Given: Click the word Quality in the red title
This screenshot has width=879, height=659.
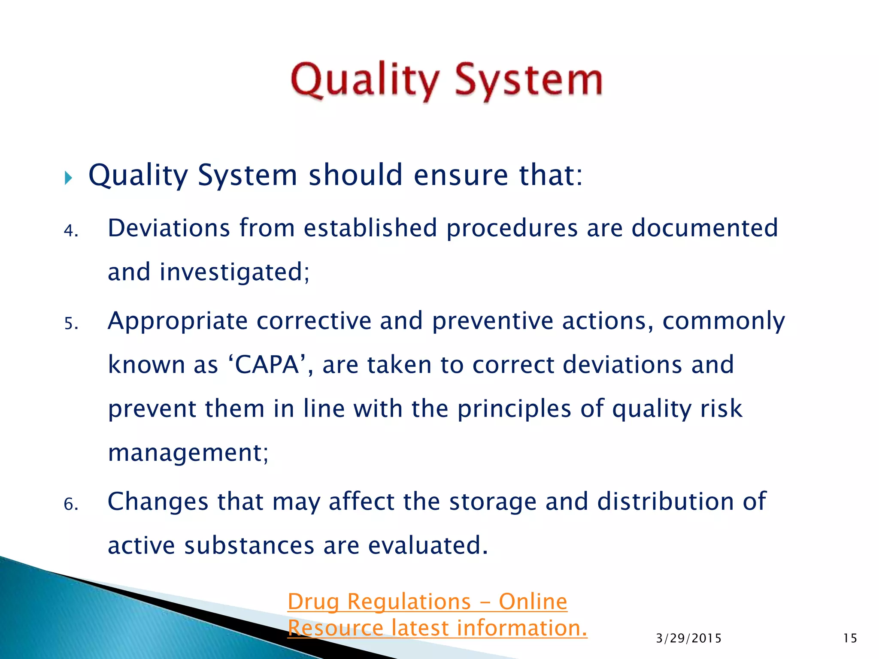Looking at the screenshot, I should pyautogui.click(x=365, y=81).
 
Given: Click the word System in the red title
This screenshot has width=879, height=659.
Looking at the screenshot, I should pyautogui.click(x=529, y=81).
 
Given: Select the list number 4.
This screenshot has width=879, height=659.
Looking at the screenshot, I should pyautogui.click(x=70, y=231).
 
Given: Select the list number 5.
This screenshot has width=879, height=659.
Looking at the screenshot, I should pyautogui.click(x=70, y=323).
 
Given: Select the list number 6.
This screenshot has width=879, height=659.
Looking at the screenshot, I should pyautogui.click(x=70, y=504).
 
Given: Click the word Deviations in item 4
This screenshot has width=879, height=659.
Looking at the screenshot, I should pyautogui.click(x=169, y=228).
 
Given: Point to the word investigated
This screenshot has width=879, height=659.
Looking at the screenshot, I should pyautogui.click(x=234, y=273).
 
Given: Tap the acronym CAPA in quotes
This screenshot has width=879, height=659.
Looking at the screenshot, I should pyautogui.click(x=267, y=366).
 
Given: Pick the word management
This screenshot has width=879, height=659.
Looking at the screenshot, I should pyautogui.click(x=188, y=453).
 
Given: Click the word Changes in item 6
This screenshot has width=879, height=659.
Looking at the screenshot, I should pyautogui.click(x=158, y=502).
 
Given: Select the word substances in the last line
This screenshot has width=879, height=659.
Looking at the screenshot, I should pyautogui.click(x=249, y=546).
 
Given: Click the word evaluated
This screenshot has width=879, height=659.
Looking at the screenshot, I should pyautogui.click(x=428, y=546).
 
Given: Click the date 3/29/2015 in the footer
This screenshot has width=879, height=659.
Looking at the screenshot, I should pyautogui.click(x=689, y=638).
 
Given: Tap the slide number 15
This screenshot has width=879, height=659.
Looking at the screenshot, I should pyautogui.click(x=850, y=638).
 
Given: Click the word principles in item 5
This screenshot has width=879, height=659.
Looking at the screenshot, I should pyautogui.click(x=514, y=409).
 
